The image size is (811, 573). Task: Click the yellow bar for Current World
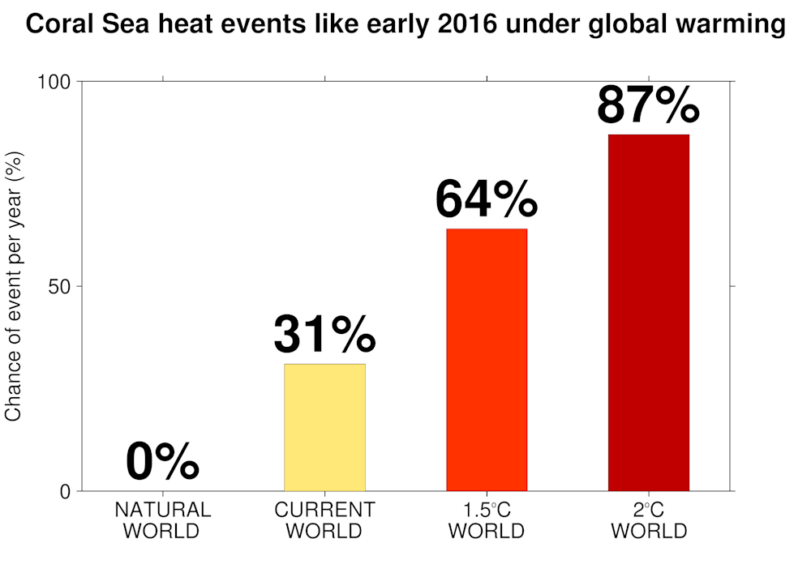(x=324, y=427)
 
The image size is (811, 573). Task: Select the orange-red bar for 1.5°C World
(x=487, y=360)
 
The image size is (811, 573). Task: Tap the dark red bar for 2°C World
(x=649, y=312)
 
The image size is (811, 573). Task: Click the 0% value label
(x=162, y=463)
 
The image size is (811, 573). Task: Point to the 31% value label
(x=324, y=334)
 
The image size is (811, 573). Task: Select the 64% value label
(x=487, y=199)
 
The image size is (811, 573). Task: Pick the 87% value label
(x=648, y=105)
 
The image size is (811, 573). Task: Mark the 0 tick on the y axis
(x=67, y=492)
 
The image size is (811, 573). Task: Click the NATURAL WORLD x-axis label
(x=162, y=520)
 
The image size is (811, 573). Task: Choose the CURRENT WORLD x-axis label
(x=324, y=520)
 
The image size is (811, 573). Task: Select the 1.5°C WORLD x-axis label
(x=487, y=520)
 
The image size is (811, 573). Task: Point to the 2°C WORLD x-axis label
(x=649, y=520)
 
